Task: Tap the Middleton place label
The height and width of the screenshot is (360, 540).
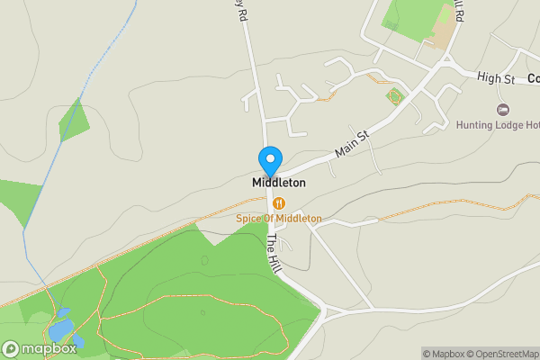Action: [x=278, y=183]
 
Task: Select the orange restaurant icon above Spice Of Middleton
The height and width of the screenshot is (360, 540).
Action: [x=279, y=203]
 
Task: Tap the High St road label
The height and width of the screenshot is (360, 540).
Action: [x=495, y=79]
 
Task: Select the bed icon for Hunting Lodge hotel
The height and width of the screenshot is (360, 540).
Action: [x=503, y=109]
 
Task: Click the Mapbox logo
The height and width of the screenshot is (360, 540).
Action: [x=40, y=348]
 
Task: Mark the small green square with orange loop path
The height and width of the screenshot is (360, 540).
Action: [x=393, y=96]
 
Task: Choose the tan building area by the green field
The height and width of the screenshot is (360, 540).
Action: [x=442, y=27]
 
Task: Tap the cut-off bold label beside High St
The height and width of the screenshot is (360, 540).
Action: [x=533, y=79]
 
